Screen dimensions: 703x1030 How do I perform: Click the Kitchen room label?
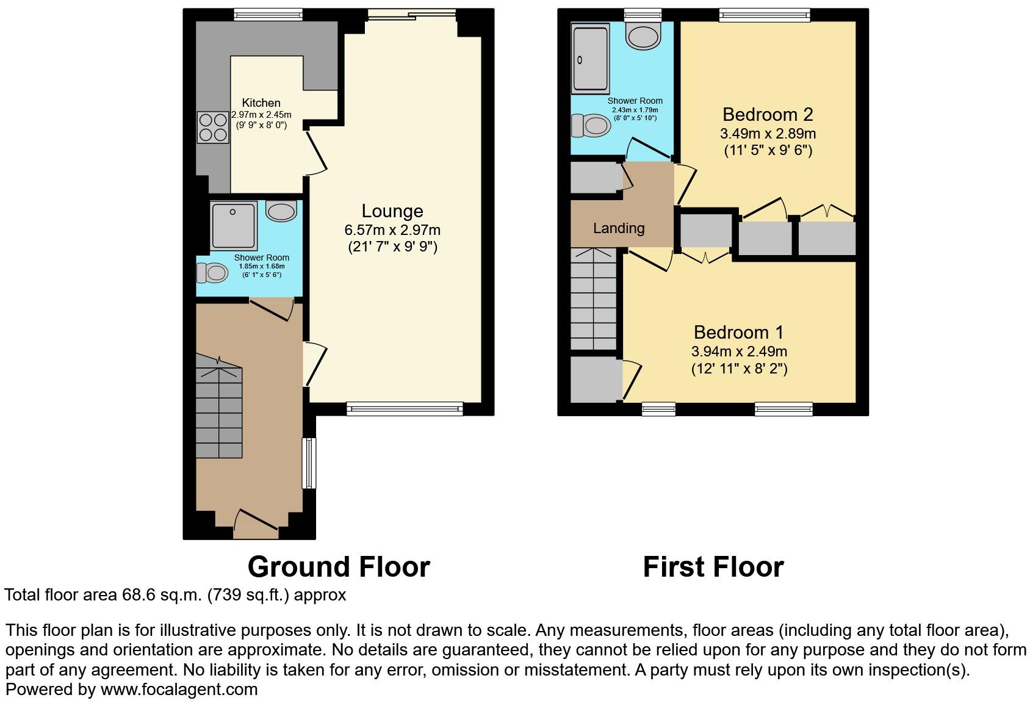(x=261, y=103)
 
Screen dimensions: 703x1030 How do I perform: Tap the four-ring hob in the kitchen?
(x=212, y=127)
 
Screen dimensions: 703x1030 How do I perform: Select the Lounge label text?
(x=392, y=211)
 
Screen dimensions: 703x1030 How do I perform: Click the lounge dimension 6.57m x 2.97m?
(x=392, y=230)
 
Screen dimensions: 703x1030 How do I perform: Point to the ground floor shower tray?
(x=232, y=225)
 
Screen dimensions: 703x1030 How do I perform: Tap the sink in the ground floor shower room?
(x=281, y=212)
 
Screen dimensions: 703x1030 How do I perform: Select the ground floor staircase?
(x=219, y=412)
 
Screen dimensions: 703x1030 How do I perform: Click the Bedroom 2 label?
(x=768, y=114)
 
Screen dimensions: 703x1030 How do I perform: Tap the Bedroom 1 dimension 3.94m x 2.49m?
(x=739, y=351)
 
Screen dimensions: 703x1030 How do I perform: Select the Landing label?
(x=619, y=228)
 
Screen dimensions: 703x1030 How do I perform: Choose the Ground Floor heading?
(x=339, y=567)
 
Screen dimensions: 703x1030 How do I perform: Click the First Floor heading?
(x=713, y=567)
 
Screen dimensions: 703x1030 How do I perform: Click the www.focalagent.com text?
(x=179, y=690)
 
